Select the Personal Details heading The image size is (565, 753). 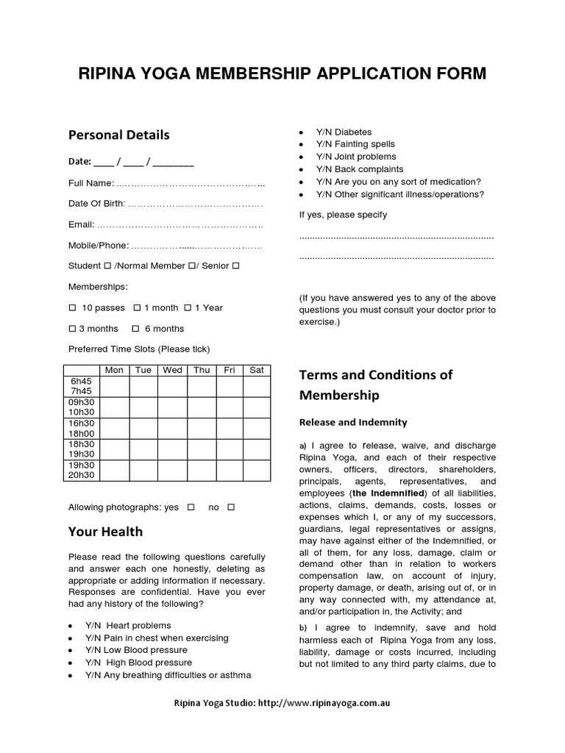(x=118, y=135)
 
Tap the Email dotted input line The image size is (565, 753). (x=180, y=224)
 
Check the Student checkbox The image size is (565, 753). (x=108, y=265)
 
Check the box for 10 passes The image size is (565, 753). (x=72, y=307)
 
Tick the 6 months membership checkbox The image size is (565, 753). (x=135, y=328)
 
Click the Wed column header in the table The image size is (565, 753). (x=172, y=370)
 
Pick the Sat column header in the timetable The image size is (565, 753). (x=256, y=370)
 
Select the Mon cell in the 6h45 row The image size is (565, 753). (x=114, y=387)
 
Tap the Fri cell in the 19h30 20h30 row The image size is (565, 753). (x=229, y=470)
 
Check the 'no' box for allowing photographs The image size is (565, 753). (x=231, y=507)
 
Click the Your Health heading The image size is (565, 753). (x=105, y=531)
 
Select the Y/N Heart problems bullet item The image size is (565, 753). (x=128, y=625)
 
